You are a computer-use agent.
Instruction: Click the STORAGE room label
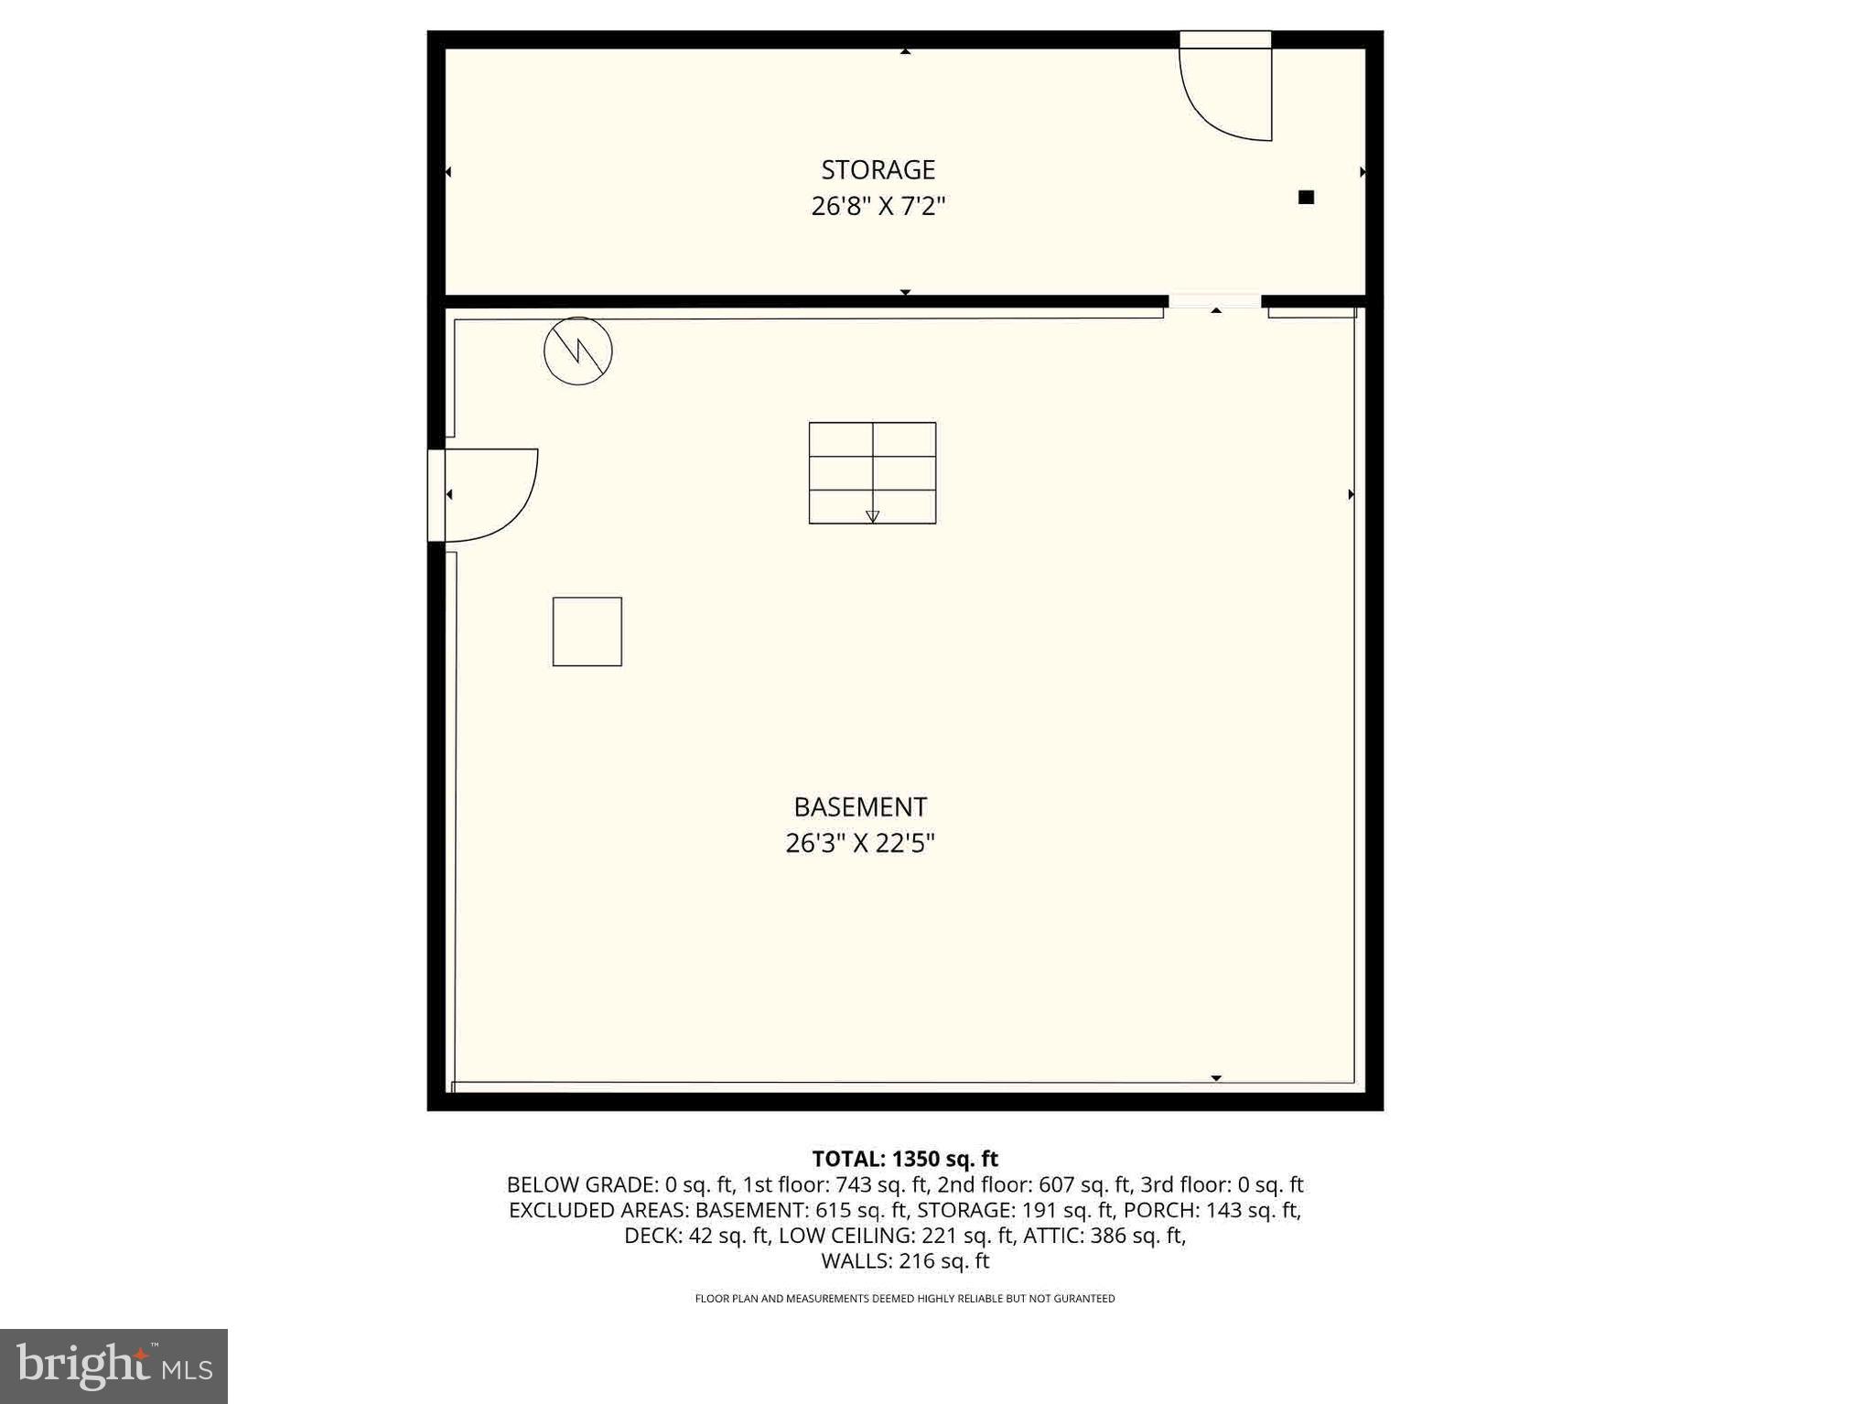click(x=878, y=170)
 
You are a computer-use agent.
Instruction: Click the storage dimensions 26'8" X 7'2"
click(x=878, y=206)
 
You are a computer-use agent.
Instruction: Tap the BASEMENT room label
click(x=860, y=807)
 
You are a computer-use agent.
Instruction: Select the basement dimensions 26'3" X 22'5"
click(x=860, y=843)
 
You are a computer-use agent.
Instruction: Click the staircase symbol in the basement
click(x=872, y=472)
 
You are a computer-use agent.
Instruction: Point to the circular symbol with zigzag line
click(x=577, y=351)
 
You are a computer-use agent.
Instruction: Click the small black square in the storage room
click(x=1306, y=197)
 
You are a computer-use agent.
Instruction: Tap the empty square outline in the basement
click(x=587, y=632)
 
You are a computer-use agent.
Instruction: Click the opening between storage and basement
click(x=1214, y=301)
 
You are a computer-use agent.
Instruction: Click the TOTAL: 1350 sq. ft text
click(x=904, y=1159)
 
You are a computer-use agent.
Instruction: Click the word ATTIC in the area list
click(x=1052, y=1236)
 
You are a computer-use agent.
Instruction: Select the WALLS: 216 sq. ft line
click(x=904, y=1261)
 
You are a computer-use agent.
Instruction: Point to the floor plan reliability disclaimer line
click(x=904, y=1299)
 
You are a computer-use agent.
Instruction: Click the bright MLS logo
click(x=113, y=1366)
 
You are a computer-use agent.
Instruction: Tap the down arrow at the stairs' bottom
click(x=872, y=517)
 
